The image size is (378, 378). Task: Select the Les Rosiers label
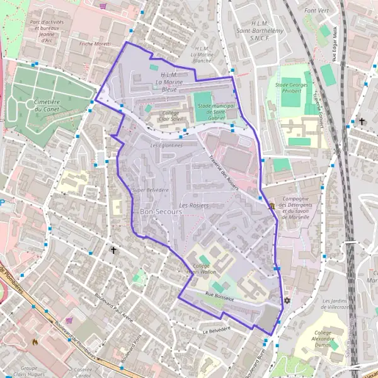tap(193, 205)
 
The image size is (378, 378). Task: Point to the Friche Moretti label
tap(95, 43)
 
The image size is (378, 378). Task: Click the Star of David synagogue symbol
tap(287, 301)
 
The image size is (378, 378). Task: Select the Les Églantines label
tap(166, 145)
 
